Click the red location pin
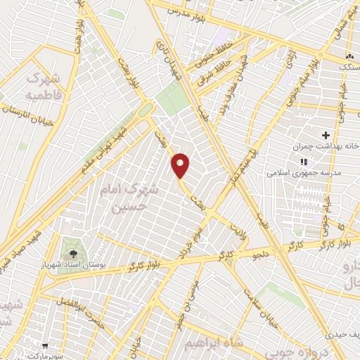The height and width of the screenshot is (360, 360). (181, 165)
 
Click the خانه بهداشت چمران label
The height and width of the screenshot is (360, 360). (326, 148)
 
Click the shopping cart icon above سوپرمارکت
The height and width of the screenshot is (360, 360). (44, 345)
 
